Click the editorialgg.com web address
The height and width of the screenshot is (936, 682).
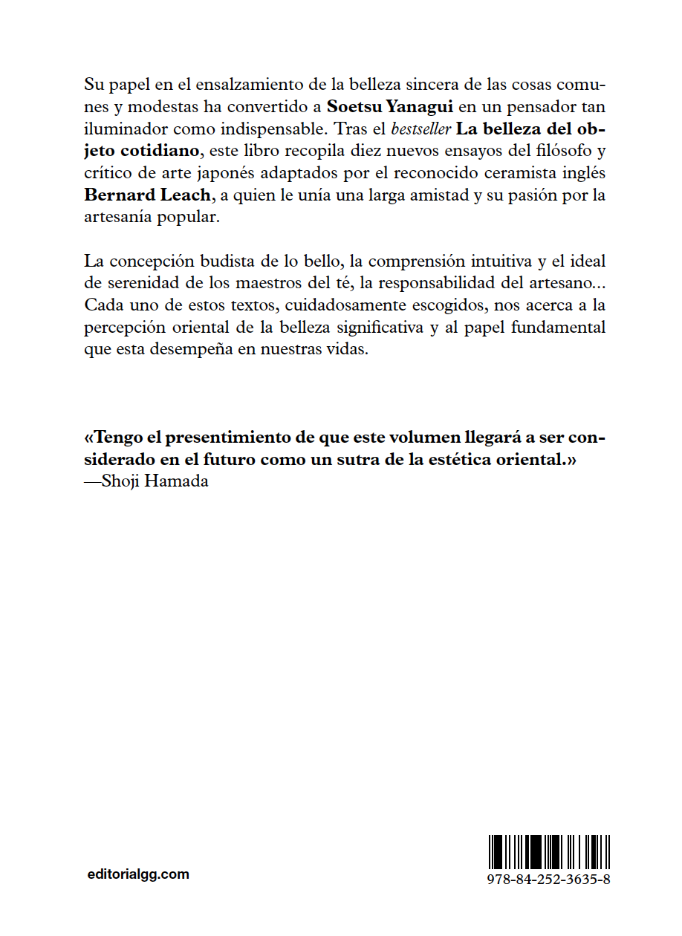[x=137, y=874]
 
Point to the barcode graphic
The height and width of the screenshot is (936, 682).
[x=550, y=851]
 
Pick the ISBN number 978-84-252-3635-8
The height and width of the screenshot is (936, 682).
[x=550, y=878]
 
